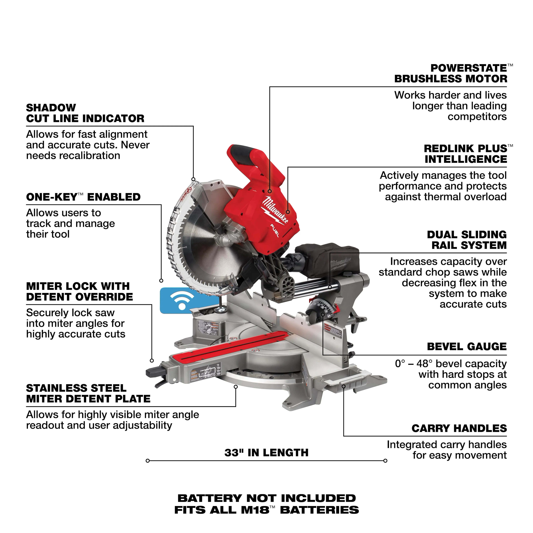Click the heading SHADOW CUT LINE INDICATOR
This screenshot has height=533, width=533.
pyautogui.click(x=85, y=113)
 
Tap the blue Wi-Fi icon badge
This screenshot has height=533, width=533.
pyautogui.click(x=181, y=300)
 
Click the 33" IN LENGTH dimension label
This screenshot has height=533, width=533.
pyautogui.click(x=266, y=453)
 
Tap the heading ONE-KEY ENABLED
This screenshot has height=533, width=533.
pyautogui.click(x=83, y=197)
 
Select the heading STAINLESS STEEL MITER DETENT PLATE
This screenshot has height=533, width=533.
pyautogui.click(x=88, y=393)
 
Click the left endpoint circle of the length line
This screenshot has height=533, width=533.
pyautogui.click(x=148, y=461)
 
